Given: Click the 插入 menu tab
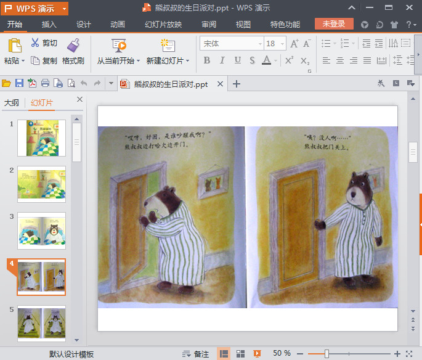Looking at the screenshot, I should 49,25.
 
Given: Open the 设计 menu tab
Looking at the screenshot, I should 84,25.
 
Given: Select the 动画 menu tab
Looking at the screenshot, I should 118,25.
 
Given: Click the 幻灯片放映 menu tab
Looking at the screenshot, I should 163,25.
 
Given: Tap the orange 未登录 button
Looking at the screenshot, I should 334,24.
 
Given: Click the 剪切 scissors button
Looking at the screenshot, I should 44,43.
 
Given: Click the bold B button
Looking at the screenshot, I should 206,60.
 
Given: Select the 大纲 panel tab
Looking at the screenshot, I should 12,103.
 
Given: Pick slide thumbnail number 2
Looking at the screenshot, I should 41,184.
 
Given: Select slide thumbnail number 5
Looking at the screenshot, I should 41,322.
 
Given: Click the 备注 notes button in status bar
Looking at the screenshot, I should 196,354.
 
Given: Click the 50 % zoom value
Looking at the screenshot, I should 282,353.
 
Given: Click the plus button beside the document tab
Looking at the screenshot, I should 236,84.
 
